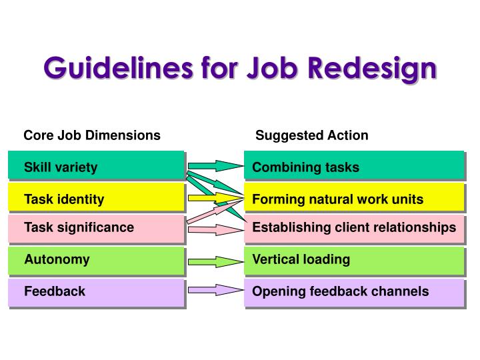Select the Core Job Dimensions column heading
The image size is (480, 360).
92,135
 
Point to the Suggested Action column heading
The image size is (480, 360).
311,135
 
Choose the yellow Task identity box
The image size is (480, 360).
96,197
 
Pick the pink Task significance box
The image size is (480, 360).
96,228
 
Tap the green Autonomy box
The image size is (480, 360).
96,260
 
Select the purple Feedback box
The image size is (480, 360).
96,292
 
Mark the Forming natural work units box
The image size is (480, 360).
353,197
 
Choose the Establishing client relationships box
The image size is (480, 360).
353,228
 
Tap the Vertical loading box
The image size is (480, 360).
353,260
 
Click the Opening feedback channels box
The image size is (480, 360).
353,292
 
